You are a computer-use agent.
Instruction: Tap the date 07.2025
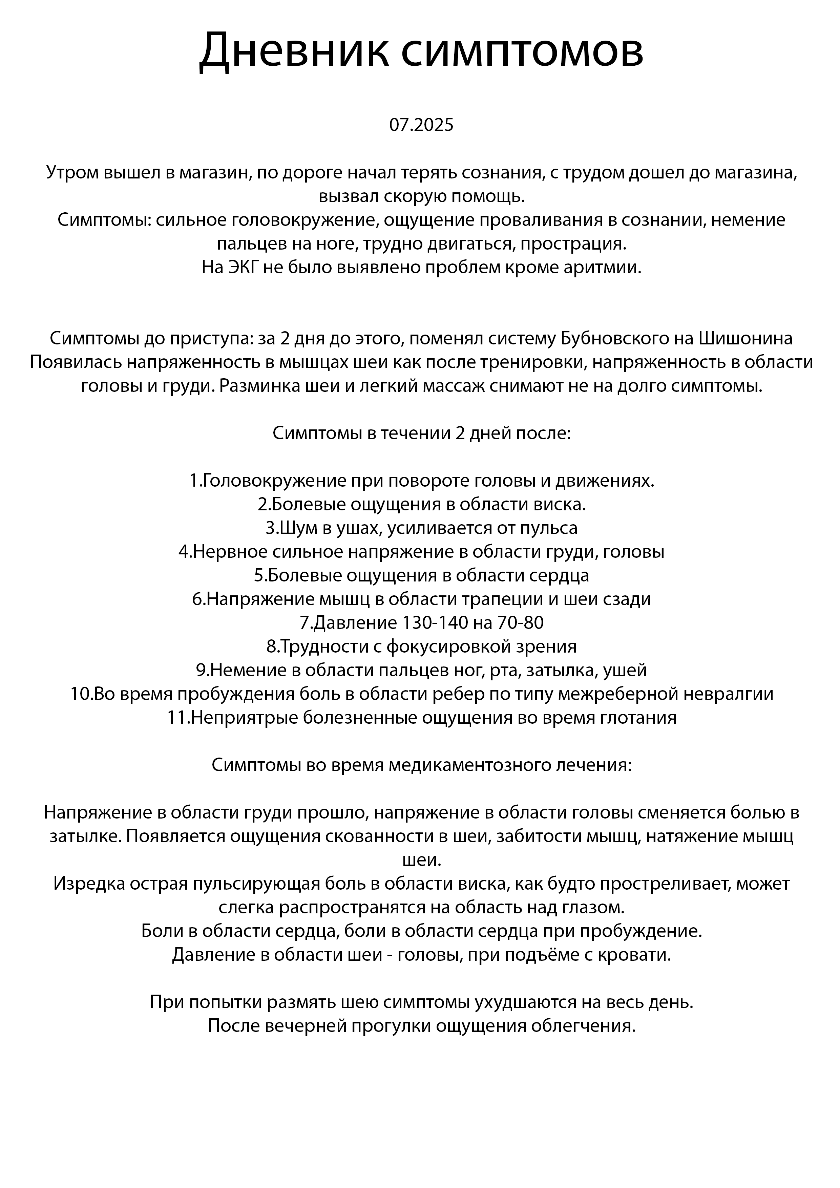point(421,125)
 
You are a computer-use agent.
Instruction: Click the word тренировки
point(531,362)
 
